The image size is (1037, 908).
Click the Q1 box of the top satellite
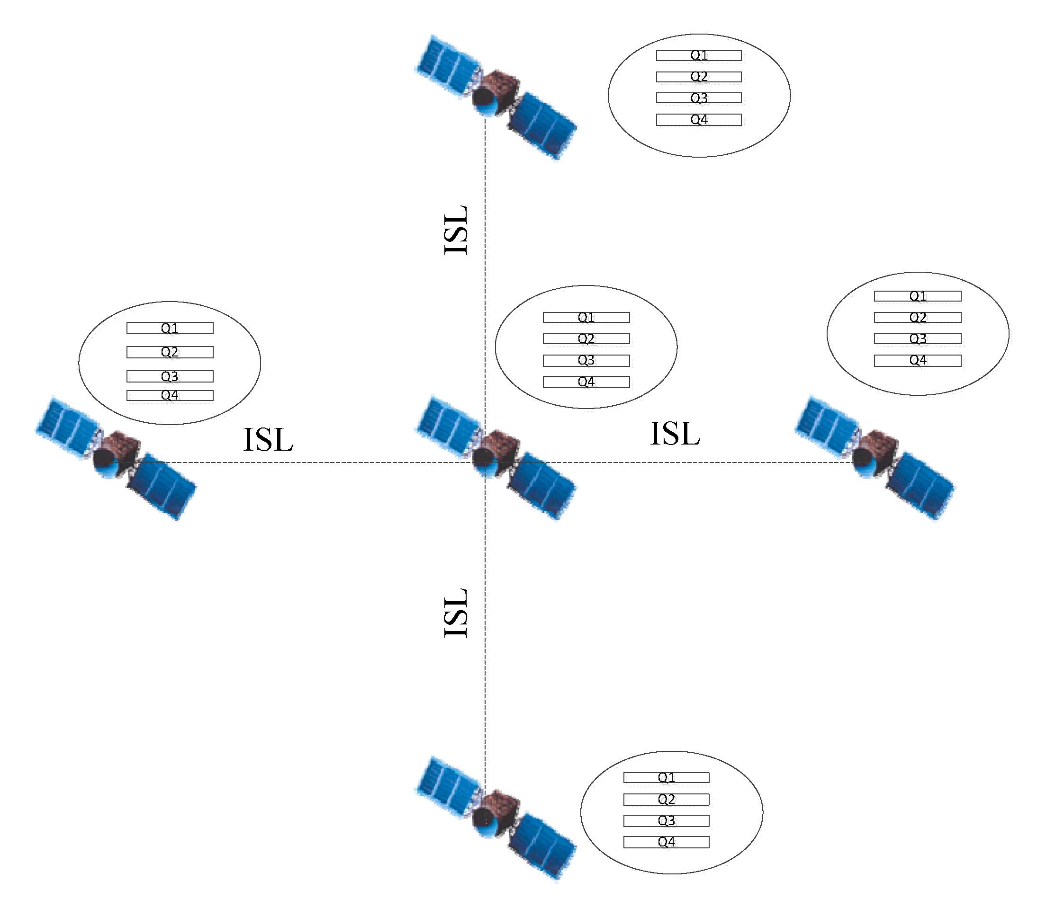pos(699,56)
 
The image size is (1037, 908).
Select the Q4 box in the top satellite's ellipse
pos(699,120)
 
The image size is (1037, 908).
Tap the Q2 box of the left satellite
pos(170,352)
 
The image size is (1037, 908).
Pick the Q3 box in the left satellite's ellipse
pos(170,376)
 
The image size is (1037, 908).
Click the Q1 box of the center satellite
pos(586,318)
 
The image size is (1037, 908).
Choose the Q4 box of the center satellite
pos(586,382)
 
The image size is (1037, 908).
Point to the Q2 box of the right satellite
pos(917,318)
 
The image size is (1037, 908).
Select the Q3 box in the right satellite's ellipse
pos(917,339)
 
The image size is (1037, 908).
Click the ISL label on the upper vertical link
pos(456,230)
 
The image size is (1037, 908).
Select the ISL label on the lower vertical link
pos(456,613)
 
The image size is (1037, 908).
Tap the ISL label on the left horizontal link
pos(268,440)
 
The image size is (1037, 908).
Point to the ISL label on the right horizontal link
pos(675,434)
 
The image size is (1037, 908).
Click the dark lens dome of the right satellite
pos(862,459)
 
